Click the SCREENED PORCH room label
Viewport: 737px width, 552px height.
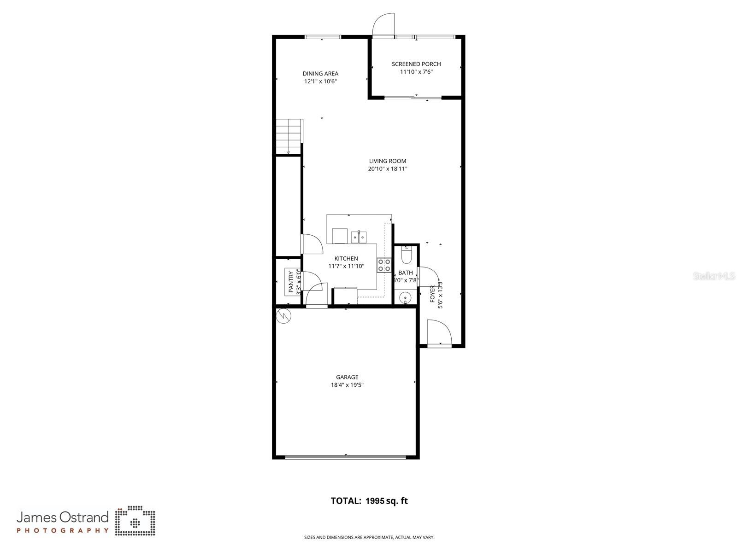point(416,64)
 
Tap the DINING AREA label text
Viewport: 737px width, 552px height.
point(320,74)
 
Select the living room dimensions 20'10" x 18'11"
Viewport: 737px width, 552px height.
point(387,169)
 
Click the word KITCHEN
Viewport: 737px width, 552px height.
point(346,259)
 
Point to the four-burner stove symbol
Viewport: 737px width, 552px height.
point(384,266)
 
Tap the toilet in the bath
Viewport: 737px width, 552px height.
point(406,254)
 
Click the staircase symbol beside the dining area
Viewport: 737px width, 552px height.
point(289,136)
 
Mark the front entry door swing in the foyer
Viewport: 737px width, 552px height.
point(437,332)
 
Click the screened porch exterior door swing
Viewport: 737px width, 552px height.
point(384,24)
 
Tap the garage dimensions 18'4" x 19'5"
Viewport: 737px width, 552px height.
point(347,385)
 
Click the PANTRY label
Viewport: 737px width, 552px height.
point(291,282)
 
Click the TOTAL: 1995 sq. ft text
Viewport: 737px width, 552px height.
point(369,501)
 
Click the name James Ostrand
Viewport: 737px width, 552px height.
point(63,517)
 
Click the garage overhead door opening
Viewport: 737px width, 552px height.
point(346,457)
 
